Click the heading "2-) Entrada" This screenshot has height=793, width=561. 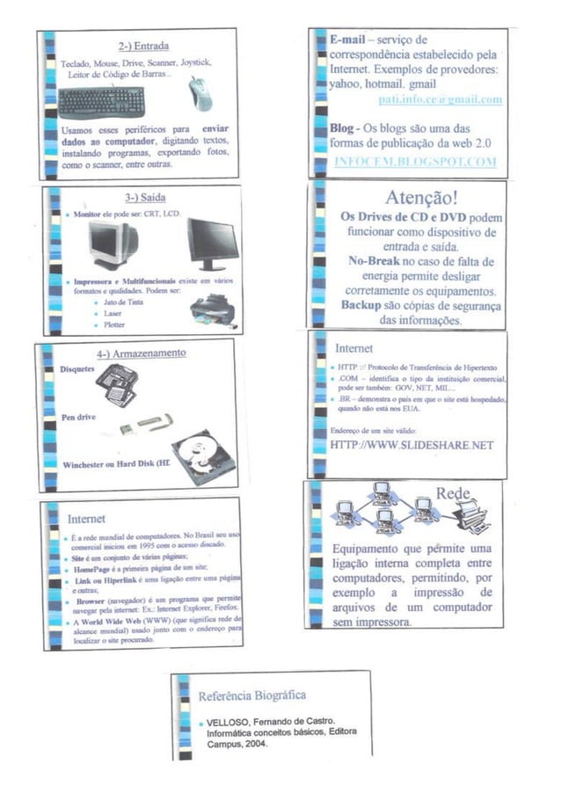coord(143,45)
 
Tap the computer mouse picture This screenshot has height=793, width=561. coord(201,93)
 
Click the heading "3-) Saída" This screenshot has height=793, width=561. coord(145,197)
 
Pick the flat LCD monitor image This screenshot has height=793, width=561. coord(213,243)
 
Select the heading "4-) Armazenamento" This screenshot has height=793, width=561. coord(141,353)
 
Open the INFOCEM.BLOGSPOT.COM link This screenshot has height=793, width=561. coord(415,162)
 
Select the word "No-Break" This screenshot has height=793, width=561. coord(370,261)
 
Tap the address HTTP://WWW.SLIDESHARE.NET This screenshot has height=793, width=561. coord(412,445)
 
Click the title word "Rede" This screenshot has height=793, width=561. coord(454,493)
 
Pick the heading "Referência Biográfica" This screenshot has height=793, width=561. coord(251,695)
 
